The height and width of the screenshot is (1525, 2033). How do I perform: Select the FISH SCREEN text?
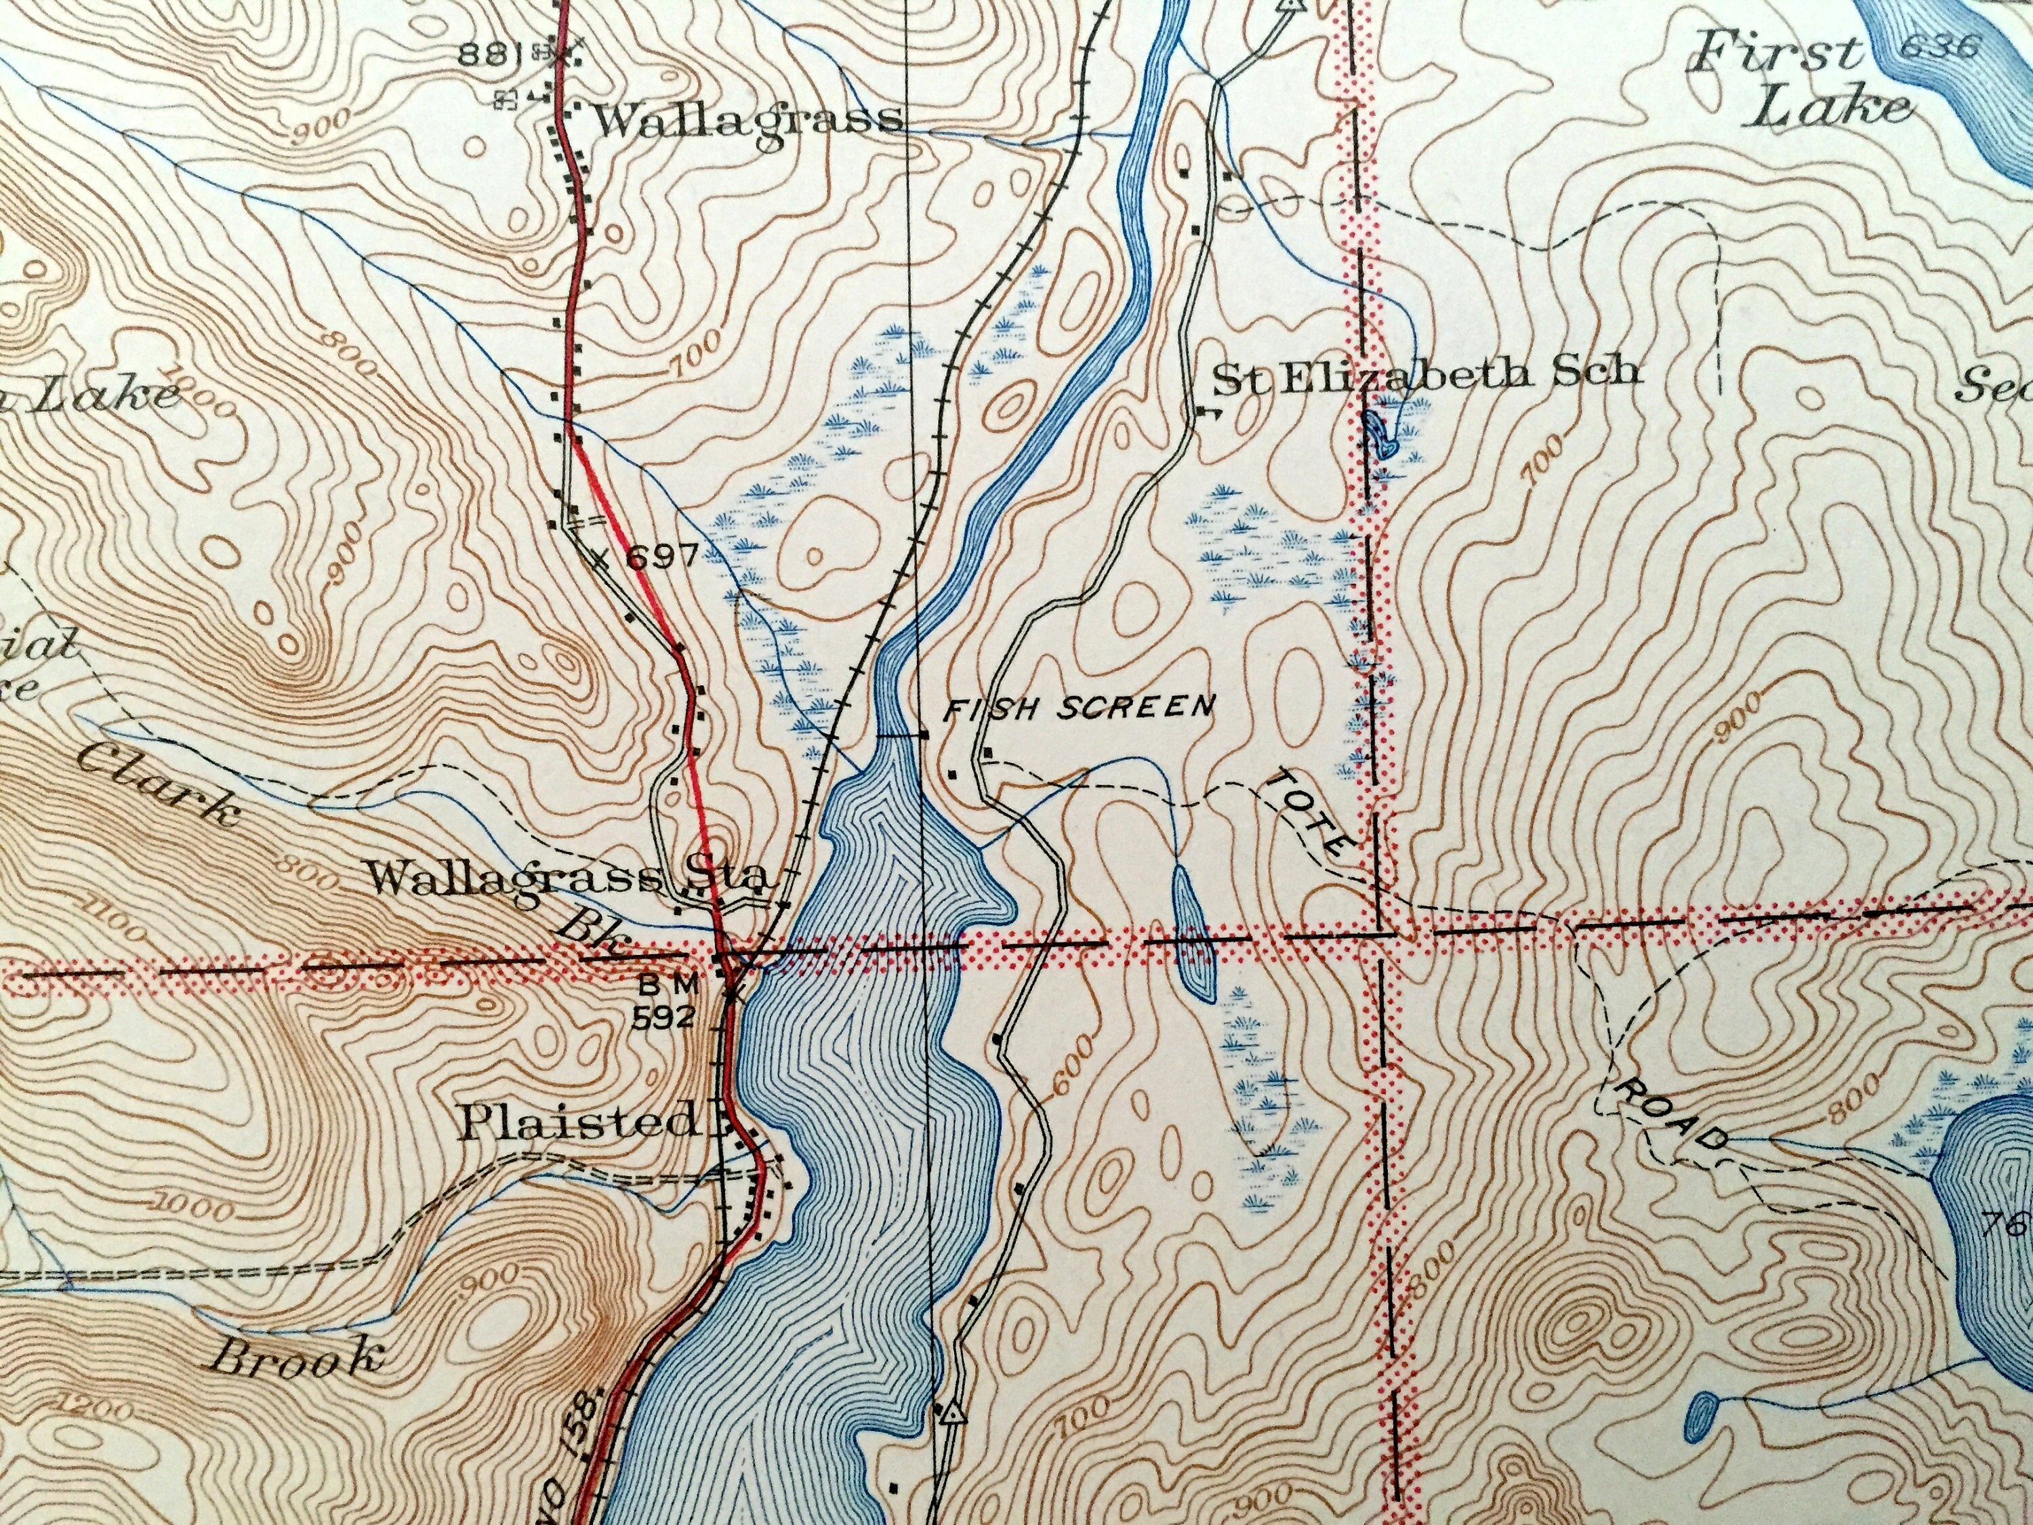pyautogui.click(x=1080, y=708)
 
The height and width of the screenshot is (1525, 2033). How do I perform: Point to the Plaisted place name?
pyautogui.click(x=579, y=1122)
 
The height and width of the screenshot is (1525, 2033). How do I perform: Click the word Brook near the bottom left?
pyautogui.click(x=296, y=1357)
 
